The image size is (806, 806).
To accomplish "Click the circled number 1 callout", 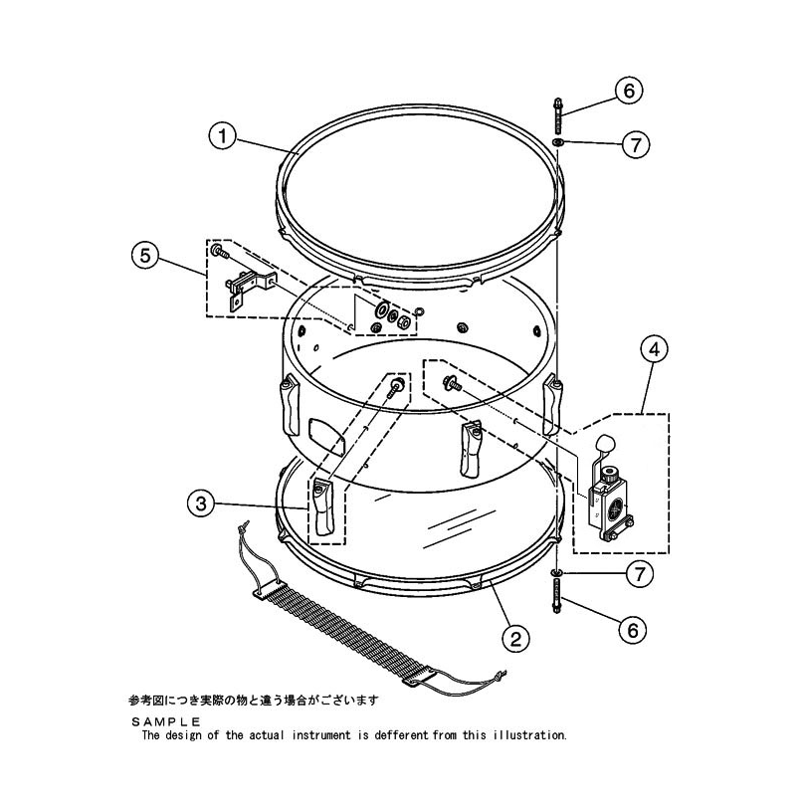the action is pyautogui.click(x=223, y=136).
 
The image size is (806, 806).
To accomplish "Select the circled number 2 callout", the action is pyautogui.click(x=515, y=639).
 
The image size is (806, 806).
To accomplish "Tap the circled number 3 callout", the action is pyautogui.click(x=201, y=504).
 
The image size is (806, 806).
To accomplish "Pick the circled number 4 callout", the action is pyautogui.click(x=654, y=349).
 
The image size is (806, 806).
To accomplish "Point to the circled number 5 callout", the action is pyautogui.click(x=146, y=255).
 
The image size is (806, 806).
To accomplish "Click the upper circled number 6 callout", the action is pyautogui.click(x=629, y=91).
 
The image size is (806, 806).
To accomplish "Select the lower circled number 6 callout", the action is pyautogui.click(x=633, y=630).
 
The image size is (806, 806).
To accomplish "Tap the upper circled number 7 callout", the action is pyautogui.click(x=636, y=145).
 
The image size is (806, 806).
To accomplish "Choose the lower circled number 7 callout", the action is pyautogui.click(x=640, y=574).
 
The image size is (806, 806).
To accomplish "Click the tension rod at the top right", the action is pyautogui.click(x=558, y=116).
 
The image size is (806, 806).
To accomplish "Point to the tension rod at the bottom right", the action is pyautogui.click(x=556, y=596).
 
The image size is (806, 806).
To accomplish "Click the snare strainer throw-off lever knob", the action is pyautogui.click(x=605, y=444).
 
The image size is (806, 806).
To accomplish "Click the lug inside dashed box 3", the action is pyautogui.click(x=322, y=506).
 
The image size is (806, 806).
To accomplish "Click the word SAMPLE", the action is pyautogui.click(x=165, y=721).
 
